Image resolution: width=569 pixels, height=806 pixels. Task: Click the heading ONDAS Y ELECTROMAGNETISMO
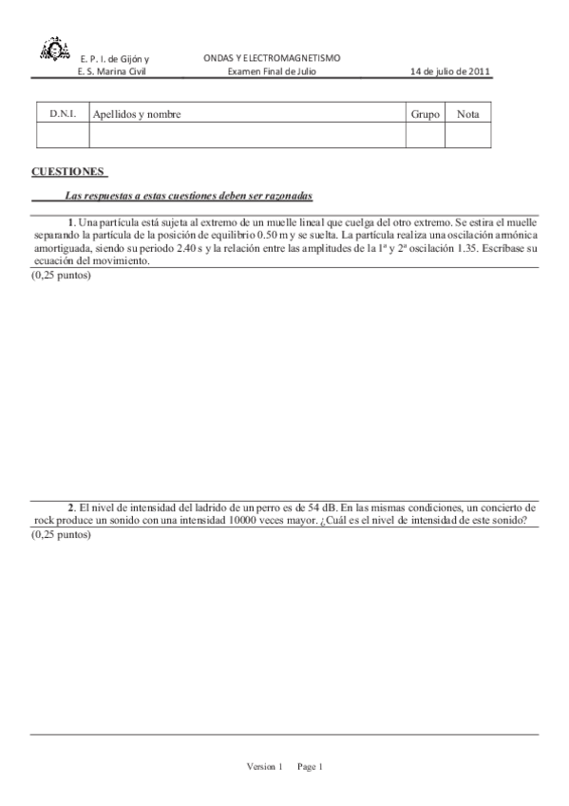pyautogui.click(x=272, y=58)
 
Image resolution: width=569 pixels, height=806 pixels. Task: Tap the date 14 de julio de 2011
pyautogui.click(x=450, y=72)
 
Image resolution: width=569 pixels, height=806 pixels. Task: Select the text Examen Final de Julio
pyautogui.click(x=272, y=72)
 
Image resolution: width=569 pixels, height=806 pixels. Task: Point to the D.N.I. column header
pyautogui.click(x=63, y=114)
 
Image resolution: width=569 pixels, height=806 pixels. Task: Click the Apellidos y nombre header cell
pyautogui.click(x=137, y=115)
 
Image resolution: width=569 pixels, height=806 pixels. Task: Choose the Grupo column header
pyautogui.click(x=425, y=115)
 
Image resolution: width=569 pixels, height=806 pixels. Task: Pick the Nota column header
pyautogui.click(x=467, y=115)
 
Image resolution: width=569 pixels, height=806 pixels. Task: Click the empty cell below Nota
pyautogui.click(x=467, y=136)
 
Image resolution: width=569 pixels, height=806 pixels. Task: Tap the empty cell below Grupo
pyautogui.click(x=425, y=136)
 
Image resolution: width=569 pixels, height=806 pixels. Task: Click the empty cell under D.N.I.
pyautogui.click(x=63, y=136)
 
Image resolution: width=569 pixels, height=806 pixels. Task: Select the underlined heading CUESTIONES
pyautogui.click(x=68, y=172)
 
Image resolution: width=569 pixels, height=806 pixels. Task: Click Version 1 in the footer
pyautogui.click(x=264, y=766)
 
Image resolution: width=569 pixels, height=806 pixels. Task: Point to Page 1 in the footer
pyautogui.click(x=310, y=766)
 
